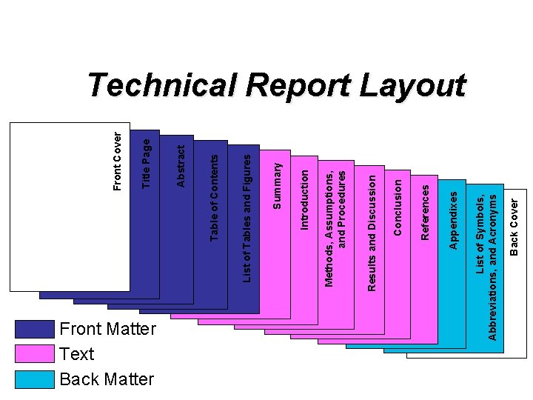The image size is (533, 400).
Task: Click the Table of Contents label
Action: pos(214,196)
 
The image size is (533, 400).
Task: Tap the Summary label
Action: pos(277,186)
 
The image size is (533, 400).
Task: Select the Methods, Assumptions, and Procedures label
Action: pos(335,227)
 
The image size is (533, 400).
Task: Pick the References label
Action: pos(424,212)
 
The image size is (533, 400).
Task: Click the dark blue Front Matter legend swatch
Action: pos(35,330)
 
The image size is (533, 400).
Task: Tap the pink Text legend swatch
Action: pos(35,355)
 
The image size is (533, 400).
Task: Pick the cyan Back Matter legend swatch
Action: pos(35,379)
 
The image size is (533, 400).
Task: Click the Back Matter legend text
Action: pos(107,379)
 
